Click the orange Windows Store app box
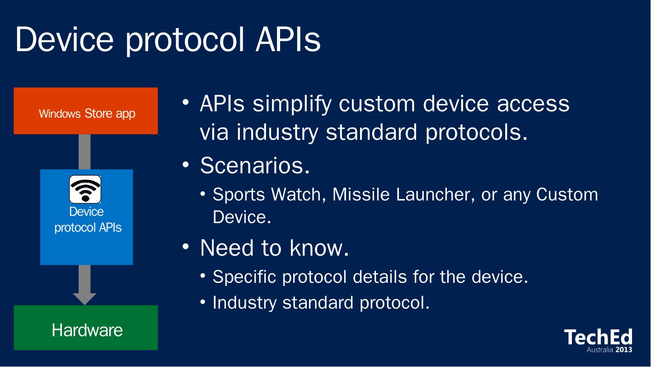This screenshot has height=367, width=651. pos(86,111)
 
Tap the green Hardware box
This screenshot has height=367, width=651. pos(86,328)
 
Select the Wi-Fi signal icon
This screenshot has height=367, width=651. pos(85,189)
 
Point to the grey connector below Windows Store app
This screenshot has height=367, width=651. pos(84,152)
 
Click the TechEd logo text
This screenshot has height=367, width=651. pos(598,337)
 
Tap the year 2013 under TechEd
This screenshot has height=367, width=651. pos(624,349)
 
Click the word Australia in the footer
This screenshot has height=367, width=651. pos(599,349)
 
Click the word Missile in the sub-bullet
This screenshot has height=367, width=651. pos(361,194)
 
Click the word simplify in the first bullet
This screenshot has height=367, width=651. pos(292,104)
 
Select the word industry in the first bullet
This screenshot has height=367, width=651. pos(277,133)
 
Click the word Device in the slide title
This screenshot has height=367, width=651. pos(64,39)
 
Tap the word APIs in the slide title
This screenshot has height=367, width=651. pos(288,39)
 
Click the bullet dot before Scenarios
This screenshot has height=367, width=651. pos(186,164)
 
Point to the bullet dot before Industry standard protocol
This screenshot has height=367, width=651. pos(203,302)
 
